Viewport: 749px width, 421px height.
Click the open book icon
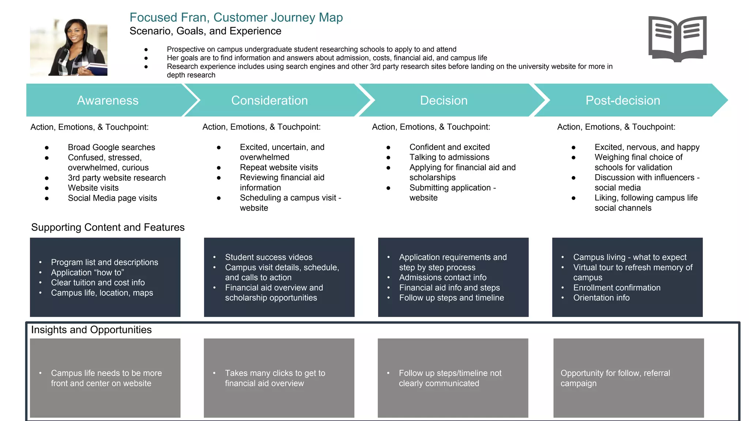coord(677,39)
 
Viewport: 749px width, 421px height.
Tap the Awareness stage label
coord(108,100)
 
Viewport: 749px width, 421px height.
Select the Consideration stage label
coord(270,100)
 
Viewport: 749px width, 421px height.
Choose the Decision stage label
coord(444,100)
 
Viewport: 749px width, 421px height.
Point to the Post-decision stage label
coord(623,100)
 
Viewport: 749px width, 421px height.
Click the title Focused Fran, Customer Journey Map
coord(236,18)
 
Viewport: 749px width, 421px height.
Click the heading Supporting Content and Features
coord(108,227)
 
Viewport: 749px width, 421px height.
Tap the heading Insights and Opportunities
coord(91,330)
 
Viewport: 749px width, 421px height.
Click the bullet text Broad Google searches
coord(111,147)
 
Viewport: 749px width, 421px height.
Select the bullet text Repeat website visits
coord(279,167)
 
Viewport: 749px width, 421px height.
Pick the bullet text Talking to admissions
coord(449,157)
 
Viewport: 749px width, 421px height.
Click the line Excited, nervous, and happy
coord(647,147)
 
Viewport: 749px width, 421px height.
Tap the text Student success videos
coord(268,257)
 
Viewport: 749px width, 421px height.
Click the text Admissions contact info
coord(443,277)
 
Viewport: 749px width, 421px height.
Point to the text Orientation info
coord(601,298)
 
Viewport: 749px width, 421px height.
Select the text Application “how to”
coord(87,273)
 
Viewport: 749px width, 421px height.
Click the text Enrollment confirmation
coord(617,288)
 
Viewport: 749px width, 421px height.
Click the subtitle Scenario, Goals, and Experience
coord(205,31)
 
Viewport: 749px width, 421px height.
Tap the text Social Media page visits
coord(112,198)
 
